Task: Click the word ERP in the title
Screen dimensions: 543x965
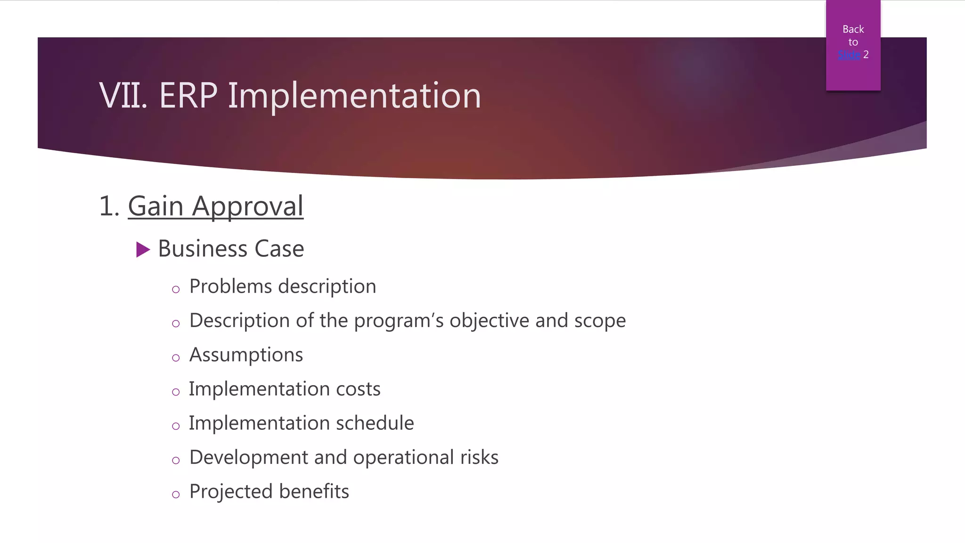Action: pyautogui.click(x=188, y=96)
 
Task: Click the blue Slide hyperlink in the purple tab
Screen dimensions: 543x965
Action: pyautogui.click(x=849, y=55)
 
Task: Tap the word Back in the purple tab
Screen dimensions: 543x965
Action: pyautogui.click(x=853, y=29)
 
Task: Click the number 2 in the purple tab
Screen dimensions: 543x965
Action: pyautogui.click(x=866, y=55)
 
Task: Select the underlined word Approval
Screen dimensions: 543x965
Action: pyautogui.click(x=247, y=207)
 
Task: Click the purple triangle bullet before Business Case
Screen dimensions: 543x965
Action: pyautogui.click(x=143, y=249)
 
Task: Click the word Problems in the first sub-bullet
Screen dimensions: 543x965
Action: pyautogui.click(x=230, y=287)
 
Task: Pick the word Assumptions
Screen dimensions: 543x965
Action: pyautogui.click(x=246, y=355)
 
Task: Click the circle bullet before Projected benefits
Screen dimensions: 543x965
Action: pyautogui.click(x=176, y=494)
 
